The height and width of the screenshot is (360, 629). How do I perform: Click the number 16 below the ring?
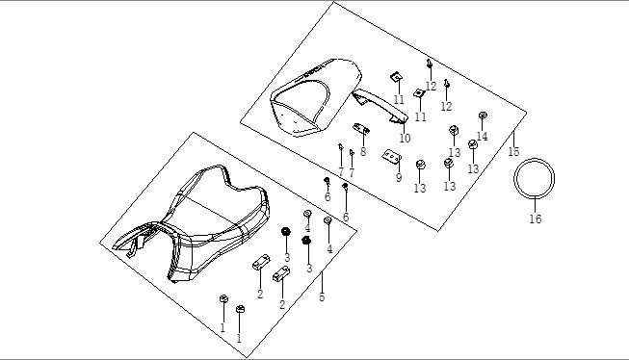click(536, 219)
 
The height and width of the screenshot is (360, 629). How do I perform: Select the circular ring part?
click(535, 160)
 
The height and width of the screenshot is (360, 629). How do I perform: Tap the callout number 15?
click(513, 151)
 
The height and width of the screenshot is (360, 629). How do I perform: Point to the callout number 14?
click(482, 137)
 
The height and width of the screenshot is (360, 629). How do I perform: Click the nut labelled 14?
click(483, 116)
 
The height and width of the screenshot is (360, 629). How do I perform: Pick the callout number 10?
click(406, 139)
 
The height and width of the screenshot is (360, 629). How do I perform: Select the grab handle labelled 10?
click(380, 105)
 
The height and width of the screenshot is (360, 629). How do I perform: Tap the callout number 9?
click(399, 178)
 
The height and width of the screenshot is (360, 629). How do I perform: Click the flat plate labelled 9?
click(391, 157)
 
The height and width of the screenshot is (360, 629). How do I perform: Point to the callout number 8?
click(363, 151)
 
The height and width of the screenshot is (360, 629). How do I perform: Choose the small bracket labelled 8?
click(361, 128)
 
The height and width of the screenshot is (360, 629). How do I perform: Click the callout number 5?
click(322, 297)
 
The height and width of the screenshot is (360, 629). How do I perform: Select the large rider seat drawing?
click(192, 223)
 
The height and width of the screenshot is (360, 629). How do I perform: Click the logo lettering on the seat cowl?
click(313, 71)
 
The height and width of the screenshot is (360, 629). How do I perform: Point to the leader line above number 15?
click(513, 139)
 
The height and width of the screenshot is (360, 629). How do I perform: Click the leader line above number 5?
click(322, 282)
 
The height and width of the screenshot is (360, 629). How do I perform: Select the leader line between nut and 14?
click(483, 125)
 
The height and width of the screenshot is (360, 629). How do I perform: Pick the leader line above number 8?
click(363, 140)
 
